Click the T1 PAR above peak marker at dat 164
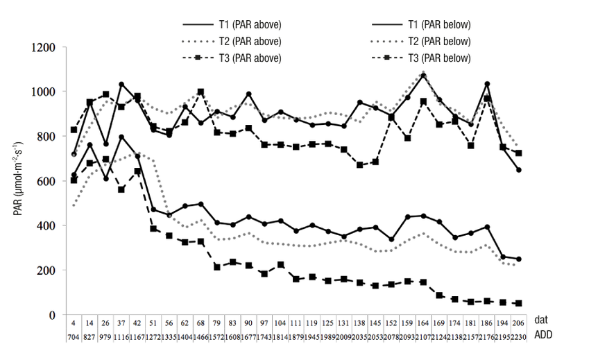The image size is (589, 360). [424, 75]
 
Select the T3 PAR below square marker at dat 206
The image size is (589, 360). [518, 303]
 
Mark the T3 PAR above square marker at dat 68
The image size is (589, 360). [200, 92]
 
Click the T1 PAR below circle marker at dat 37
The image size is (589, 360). [121, 137]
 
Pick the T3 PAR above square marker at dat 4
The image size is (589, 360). [74, 130]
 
